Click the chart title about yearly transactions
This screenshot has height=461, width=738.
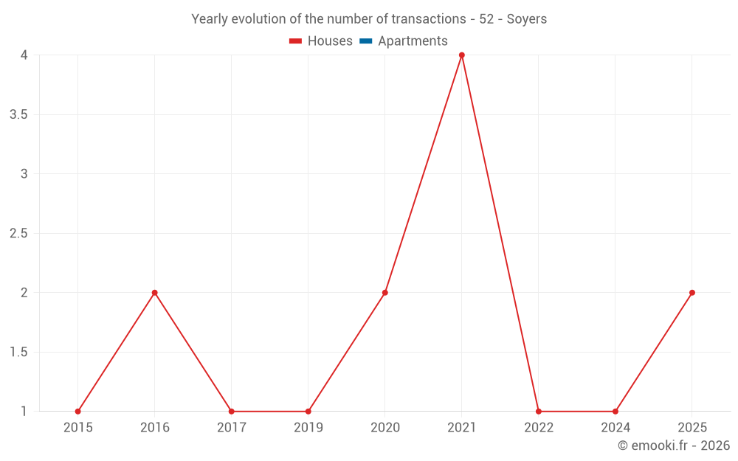(369, 19)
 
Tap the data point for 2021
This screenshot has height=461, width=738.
(462, 55)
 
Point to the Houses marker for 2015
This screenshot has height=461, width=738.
(78, 412)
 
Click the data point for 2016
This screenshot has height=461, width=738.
(155, 293)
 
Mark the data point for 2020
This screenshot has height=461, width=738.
(385, 293)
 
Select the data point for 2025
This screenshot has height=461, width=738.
(692, 293)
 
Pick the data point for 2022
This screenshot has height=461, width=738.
(539, 412)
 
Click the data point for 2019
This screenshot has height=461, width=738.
(308, 412)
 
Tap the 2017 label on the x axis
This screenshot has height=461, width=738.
(232, 428)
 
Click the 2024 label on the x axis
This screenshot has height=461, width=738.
(615, 428)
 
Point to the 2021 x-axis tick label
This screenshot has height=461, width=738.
(462, 428)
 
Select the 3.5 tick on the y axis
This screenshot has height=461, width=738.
(19, 114)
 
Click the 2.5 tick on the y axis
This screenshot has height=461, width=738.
(19, 233)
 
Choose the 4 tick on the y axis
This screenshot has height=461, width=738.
(24, 55)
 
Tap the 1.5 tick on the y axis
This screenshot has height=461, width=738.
(19, 352)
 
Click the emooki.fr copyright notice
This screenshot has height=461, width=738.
(673, 446)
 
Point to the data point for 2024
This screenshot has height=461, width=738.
(615, 412)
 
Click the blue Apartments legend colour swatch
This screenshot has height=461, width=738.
(366, 41)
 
